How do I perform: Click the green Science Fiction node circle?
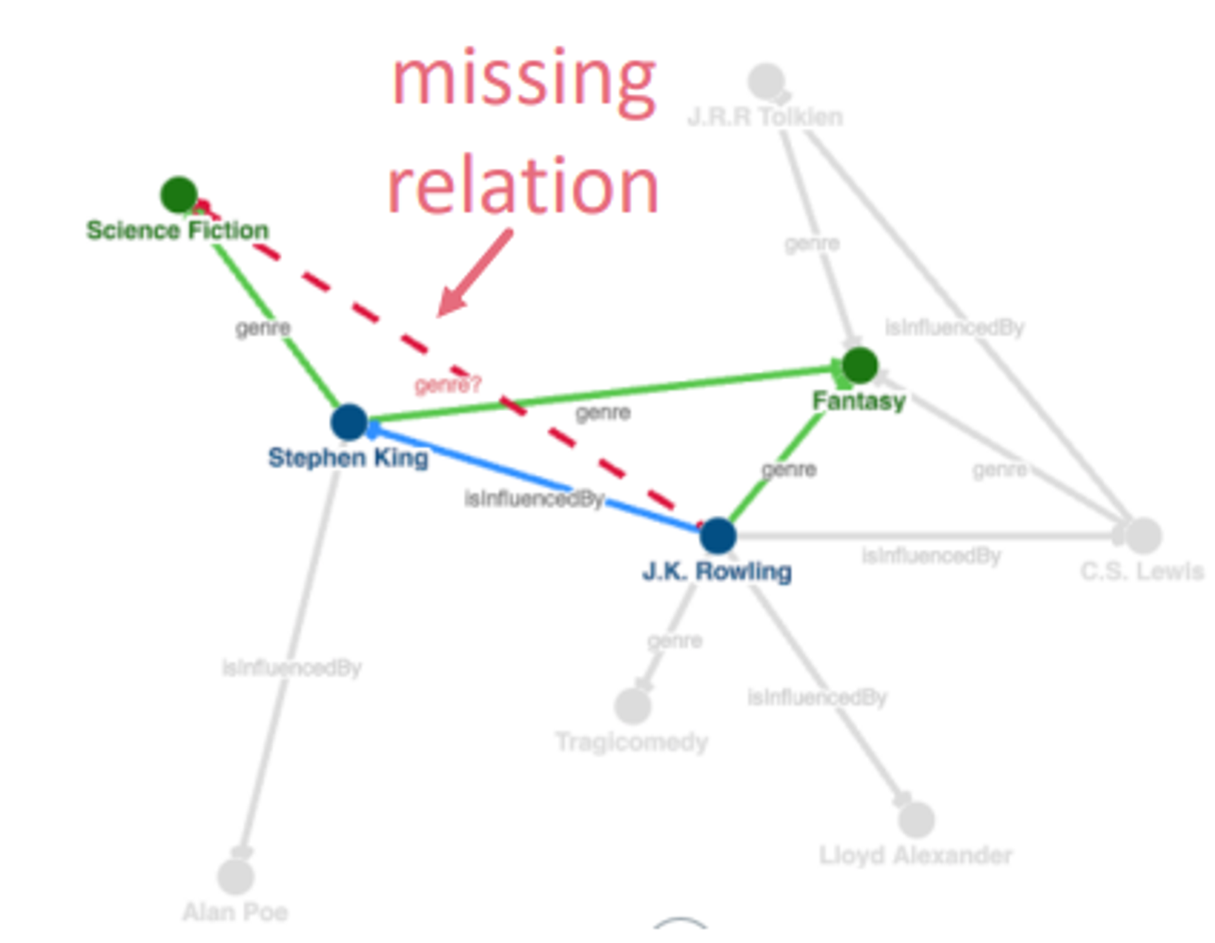[179, 194]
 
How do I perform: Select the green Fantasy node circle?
[860, 365]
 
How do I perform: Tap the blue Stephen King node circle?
[349, 422]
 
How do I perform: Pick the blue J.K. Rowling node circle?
[718, 535]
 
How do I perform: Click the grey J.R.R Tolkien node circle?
[766, 81]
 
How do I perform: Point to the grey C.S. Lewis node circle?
[1143, 535]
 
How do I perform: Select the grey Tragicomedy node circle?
[632, 706]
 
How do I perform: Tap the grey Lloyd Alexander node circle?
[916, 819]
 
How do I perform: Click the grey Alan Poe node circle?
[236, 876]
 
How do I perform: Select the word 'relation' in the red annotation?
[523, 185]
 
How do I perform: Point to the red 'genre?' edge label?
[448, 385]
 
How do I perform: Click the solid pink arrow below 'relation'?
[474, 273]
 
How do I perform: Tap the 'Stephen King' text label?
[348, 458]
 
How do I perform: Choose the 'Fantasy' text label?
[859, 401]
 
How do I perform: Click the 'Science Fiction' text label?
[177, 230]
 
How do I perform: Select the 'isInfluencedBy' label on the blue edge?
[534, 499]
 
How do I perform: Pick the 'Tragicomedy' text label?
[632, 742]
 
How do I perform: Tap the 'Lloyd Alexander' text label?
[916, 855]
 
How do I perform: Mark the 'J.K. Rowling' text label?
[717, 571]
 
